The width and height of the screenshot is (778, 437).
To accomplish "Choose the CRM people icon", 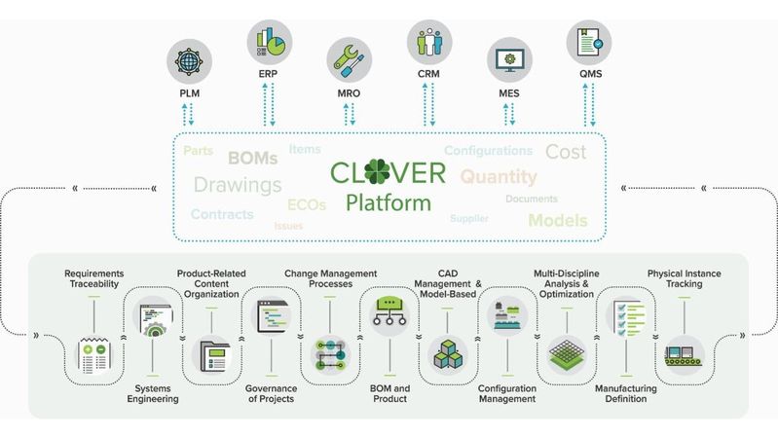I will click(x=428, y=42).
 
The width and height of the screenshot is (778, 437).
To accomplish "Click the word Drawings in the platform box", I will click(x=238, y=185).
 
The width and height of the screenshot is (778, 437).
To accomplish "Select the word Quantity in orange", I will click(x=499, y=177).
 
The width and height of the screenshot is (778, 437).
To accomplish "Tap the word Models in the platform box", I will click(x=558, y=220).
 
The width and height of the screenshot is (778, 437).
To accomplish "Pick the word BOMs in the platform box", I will click(x=253, y=158).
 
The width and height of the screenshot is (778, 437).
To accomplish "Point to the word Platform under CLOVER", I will click(x=388, y=203).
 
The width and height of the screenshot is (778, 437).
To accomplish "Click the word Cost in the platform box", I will click(x=565, y=152).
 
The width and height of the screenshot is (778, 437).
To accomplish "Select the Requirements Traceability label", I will click(x=94, y=279).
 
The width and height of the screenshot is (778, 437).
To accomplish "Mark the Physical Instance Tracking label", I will click(x=689, y=279).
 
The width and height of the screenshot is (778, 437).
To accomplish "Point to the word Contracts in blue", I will click(x=222, y=214).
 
